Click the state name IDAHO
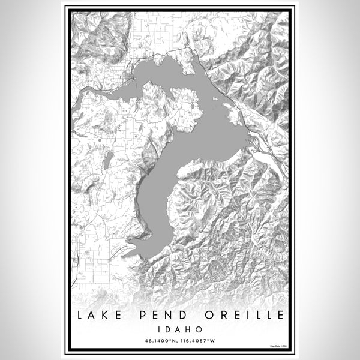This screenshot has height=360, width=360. click(180, 329)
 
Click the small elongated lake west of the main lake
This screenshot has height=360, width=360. click(108, 160)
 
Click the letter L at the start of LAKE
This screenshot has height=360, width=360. click(80, 316)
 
